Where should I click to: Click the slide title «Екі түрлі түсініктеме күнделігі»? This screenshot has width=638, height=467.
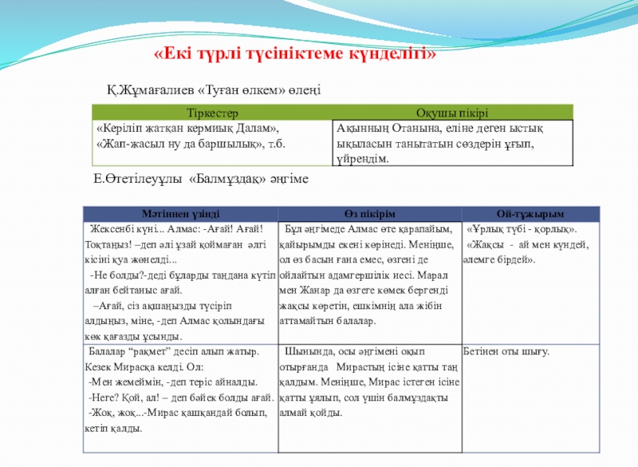click(x=295, y=53)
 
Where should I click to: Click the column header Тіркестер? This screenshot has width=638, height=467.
click(x=211, y=113)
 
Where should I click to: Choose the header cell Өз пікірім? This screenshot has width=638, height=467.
click(x=369, y=214)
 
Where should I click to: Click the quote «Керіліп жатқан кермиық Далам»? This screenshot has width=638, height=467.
click(x=188, y=128)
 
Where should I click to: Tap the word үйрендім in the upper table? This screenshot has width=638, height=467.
click(x=361, y=159)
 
